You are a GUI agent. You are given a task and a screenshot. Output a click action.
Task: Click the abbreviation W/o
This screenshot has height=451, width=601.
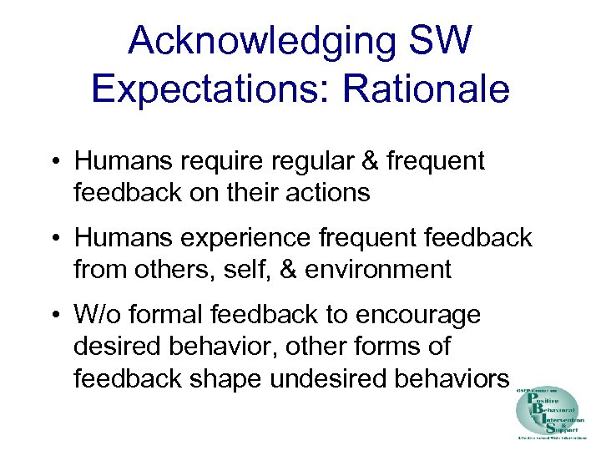[98, 316]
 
